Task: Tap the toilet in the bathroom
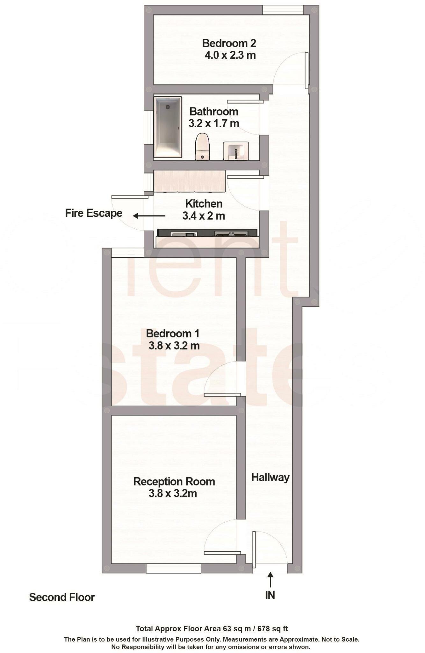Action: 202,147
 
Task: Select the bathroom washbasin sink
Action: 236,150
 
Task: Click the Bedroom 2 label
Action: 229,43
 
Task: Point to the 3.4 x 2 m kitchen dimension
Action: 204,216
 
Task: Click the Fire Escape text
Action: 94,213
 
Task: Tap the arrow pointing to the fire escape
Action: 149,216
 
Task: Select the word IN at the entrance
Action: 270,595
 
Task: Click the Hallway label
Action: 270,477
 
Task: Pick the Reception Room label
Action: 174,481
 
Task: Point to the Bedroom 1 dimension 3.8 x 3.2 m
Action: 174,346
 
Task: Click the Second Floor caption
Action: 62,597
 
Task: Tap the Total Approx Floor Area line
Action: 212,628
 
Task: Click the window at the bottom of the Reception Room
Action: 174,568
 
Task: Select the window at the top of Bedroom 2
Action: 283,10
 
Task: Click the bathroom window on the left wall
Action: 148,127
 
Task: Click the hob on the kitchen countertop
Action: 231,234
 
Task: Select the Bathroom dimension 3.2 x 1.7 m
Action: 214,123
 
